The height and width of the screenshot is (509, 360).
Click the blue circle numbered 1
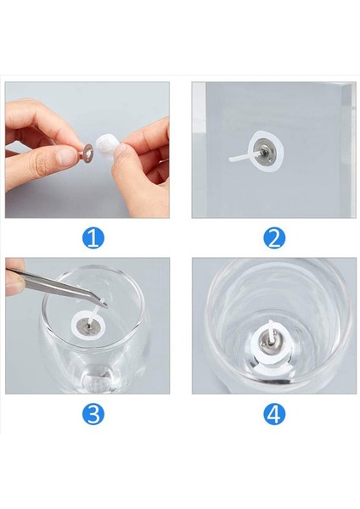coord(93,238)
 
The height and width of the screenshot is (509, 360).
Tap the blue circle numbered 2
coord(274,238)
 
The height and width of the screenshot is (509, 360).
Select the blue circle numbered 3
coord(93,414)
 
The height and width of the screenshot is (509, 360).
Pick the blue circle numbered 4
coord(274,414)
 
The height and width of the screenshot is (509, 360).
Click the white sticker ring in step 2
coord(253,162)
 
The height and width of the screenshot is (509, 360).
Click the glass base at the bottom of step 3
coord(98,381)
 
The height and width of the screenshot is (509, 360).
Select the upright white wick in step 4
coord(271,330)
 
